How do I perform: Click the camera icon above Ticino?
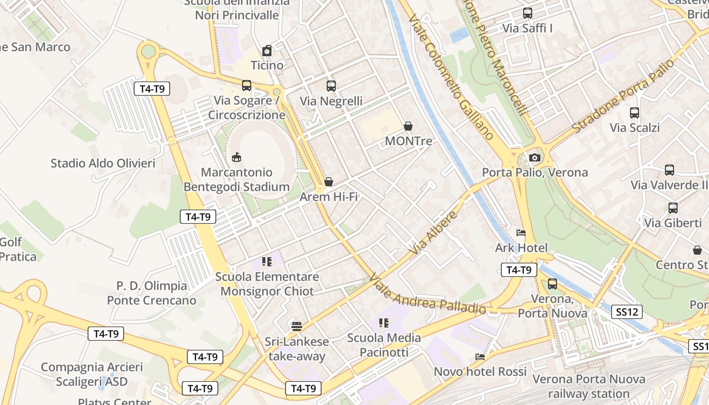(267, 51)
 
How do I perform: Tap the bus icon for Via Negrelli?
(331, 86)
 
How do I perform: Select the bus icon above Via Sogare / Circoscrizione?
(247, 86)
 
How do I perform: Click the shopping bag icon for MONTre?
(408, 126)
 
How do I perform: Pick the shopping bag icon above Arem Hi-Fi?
(329, 182)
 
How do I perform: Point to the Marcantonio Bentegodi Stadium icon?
(237, 157)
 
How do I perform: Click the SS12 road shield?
(627, 312)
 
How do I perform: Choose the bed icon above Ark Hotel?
(521, 233)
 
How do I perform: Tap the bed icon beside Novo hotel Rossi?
(480, 357)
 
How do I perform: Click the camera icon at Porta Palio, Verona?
(534, 158)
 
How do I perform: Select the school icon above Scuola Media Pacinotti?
(384, 323)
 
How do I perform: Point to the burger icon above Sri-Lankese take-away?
(297, 326)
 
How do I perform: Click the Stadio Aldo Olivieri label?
(103, 164)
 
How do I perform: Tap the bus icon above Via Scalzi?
(635, 113)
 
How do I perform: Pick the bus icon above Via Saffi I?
(528, 14)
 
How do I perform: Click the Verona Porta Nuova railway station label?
(589, 386)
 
